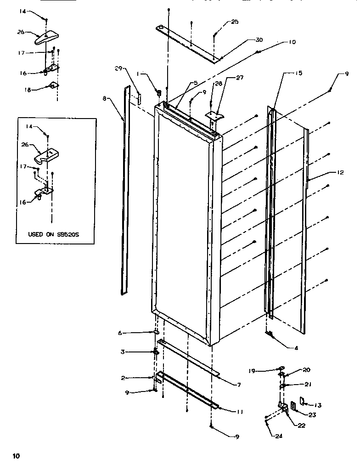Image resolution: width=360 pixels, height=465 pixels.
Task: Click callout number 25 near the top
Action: (x=235, y=22)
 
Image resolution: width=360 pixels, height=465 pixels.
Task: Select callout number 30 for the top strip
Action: (x=259, y=40)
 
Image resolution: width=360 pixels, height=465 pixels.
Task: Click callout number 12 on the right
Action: (x=340, y=173)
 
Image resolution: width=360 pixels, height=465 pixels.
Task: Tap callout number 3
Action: (x=123, y=352)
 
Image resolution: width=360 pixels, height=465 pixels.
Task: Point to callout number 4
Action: (x=296, y=348)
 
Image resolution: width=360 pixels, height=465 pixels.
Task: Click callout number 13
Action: (x=317, y=405)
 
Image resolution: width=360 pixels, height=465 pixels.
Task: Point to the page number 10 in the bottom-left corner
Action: (x=17, y=456)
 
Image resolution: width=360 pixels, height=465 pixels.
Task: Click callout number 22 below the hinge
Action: (x=301, y=425)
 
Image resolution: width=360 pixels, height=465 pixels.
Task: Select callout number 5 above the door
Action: (x=196, y=83)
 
